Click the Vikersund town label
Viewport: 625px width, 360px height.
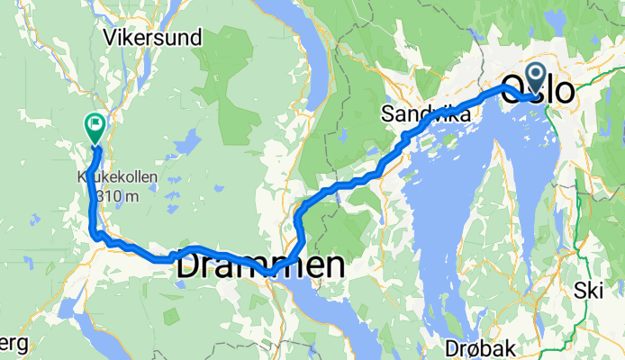click(153, 39)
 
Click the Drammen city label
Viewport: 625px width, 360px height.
click(259, 265)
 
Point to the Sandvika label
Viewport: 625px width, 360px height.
click(425, 115)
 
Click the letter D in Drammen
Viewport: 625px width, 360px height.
click(188, 265)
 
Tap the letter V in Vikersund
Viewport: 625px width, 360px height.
click(110, 39)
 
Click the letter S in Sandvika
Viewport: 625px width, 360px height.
click(386, 115)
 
